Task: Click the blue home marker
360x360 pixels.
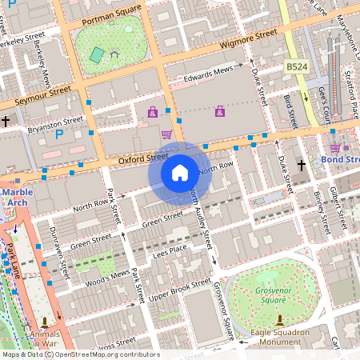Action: point(180,172)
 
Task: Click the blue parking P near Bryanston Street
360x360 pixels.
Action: point(59,134)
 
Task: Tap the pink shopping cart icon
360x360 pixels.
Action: point(166,134)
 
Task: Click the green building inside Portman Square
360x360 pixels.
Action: point(98,54)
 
